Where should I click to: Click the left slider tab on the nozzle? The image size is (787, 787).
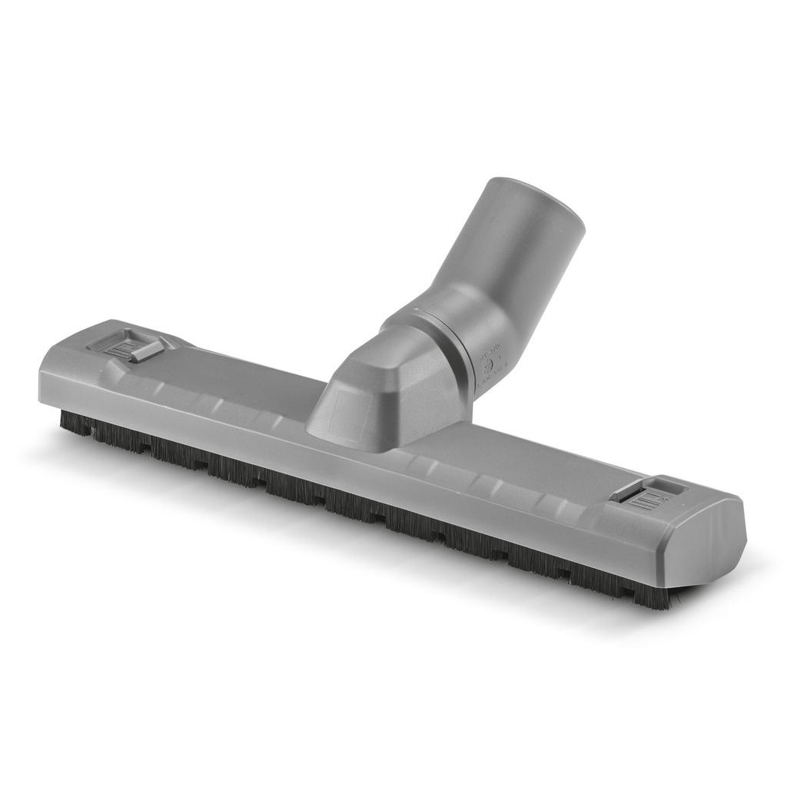click(144, 350)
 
